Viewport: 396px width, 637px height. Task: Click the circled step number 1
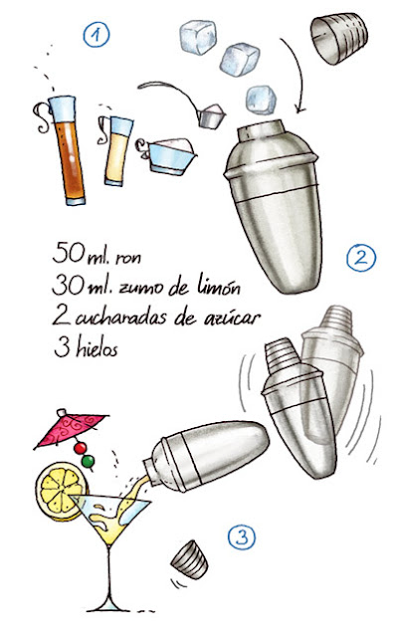click(x=97, y=36)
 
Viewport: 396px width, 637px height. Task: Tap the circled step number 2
click(x=361, y=258)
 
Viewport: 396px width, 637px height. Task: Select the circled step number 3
click(x=242, y=537)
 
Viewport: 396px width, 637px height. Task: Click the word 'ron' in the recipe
click(x=128, y=258)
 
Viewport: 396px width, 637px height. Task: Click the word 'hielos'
click(x=98, y=348)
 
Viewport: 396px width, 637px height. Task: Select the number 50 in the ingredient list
click(x=69, y=253)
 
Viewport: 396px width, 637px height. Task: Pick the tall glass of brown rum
click(x=67, y=150)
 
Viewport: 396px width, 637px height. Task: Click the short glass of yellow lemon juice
click(x=118, y=151)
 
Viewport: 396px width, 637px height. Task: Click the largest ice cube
click(x=198, y=38)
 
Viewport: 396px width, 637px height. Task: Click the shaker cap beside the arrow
click(x=338, y=38)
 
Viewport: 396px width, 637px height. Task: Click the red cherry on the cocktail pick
click(x=81, y=448)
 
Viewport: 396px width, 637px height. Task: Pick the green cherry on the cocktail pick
click(x=89, y=461)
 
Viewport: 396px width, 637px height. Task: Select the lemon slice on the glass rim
click(x=61, y=491)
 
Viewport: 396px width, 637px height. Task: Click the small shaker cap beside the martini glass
click(x=189, y=559)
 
